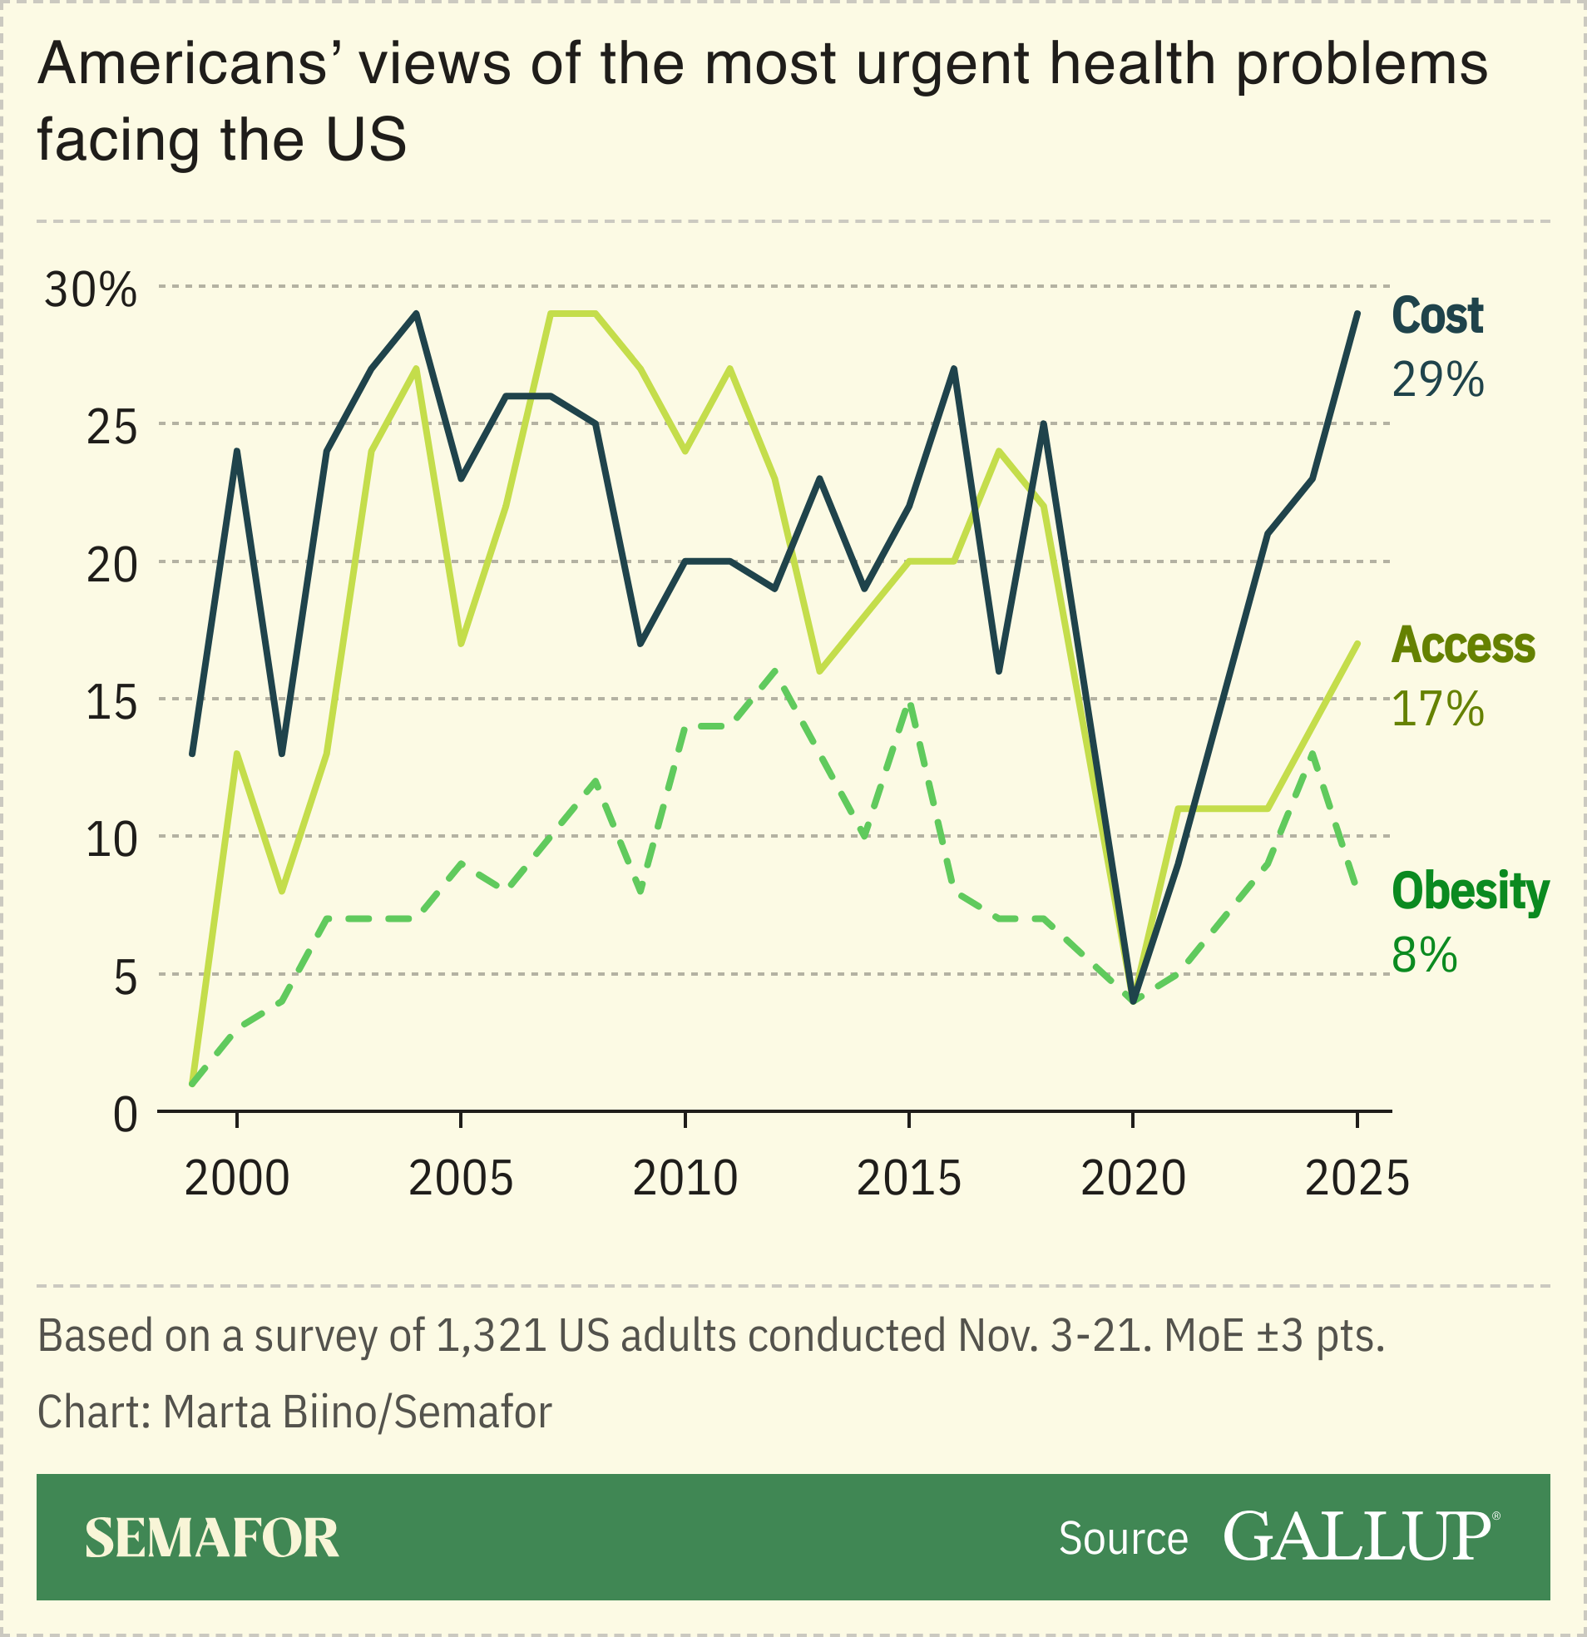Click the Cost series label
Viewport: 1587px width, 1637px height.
pos(1436,317)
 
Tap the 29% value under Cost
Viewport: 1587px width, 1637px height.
pos(1436,380)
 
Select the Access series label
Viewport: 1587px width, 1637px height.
pos(1462,645)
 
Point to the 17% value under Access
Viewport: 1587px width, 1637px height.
pos(1436,709)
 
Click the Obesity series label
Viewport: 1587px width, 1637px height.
pos(1469,891)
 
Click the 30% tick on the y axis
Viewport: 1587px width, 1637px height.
pos(90,290)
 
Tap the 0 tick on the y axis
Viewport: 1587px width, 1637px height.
pos(126,1114)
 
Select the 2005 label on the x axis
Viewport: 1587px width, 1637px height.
pos(460,1180)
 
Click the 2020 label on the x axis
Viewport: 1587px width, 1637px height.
pos(1133,1180)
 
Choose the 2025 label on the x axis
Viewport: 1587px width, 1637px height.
pos(1357,1180)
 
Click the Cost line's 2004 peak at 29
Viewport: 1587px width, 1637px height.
pos(416,314)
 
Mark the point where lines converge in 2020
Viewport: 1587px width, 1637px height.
pos(1133,1000)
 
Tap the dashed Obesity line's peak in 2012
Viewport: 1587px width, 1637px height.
pos(775,671)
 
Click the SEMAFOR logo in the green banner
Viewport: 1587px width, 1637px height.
pos(212,1539)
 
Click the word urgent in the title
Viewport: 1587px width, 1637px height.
pos(943,64)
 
